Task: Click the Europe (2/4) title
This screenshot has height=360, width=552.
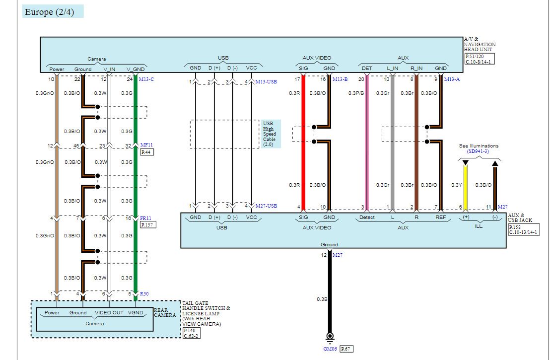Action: coord(50,11)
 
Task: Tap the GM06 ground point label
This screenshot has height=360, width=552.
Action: coord(330,349)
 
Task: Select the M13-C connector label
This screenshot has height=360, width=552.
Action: coord(146,79)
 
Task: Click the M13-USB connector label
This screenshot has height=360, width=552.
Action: coord(266,82)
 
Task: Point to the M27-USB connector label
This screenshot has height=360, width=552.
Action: coord(266,206)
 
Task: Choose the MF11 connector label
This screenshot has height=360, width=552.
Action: coord(146,145)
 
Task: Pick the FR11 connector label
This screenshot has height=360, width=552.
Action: coord(145,218)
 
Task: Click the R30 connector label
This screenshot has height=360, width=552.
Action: coord(144,294)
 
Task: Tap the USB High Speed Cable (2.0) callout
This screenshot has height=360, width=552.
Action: coord(271,134)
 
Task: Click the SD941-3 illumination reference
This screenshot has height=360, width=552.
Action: coord(478,151)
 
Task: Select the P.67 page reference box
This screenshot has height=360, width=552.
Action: coord(346,349)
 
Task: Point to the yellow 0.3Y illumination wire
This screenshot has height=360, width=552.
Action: coord(466,188)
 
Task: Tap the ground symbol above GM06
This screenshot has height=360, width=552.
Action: coord(330,338)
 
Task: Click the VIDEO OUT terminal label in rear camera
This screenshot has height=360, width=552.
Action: coord(109,312)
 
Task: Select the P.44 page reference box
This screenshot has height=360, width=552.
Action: coord(147,152)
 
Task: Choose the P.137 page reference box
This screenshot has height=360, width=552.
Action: coord(148,225)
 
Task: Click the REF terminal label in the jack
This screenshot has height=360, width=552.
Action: coord(440,217)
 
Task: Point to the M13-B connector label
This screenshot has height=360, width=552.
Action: coord(340,79)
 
